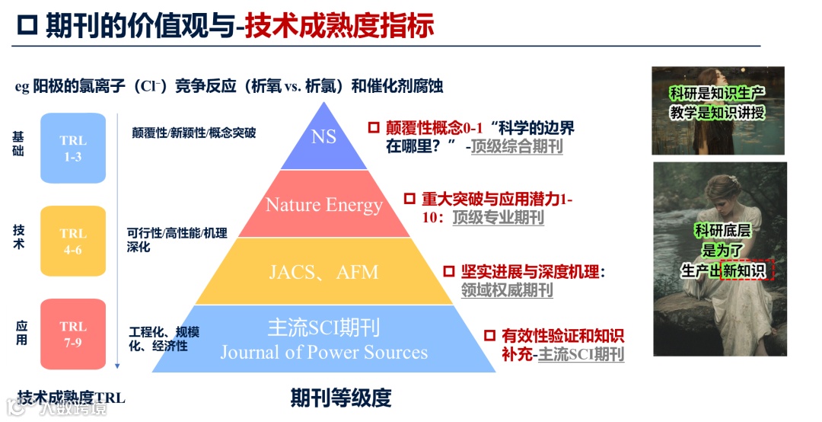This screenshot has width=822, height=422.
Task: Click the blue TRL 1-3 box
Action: [x=73, y=148]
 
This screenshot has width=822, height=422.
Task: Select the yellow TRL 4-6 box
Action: [x=73, y=241]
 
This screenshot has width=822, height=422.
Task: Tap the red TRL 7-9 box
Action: [x=73, y=334]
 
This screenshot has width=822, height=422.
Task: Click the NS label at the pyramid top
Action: [x=323, y=138]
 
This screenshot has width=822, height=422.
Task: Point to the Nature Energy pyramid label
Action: [x=323, y=205]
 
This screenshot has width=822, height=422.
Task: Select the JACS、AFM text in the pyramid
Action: [x=323, y=272]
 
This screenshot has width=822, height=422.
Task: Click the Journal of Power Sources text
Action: [x=323, y=353]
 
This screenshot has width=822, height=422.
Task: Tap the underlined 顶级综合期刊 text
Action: [x=517, y=146]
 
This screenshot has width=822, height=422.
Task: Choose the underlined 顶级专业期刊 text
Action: [x=499, y=218]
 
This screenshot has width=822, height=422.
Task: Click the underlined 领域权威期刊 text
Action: [x=507, y=290]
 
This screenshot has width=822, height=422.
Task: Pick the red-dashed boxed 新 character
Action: [x=731, y=270]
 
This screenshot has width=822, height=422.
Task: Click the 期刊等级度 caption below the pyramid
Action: [x=340, y=398]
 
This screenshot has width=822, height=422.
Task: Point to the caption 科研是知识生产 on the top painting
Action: [x=717, y=94]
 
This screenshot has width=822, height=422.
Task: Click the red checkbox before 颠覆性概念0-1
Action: [x=374, y=127]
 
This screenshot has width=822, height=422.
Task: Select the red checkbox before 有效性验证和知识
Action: [x=489, y=335]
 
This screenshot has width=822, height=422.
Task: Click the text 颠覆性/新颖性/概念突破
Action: [x=194, y=133]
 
